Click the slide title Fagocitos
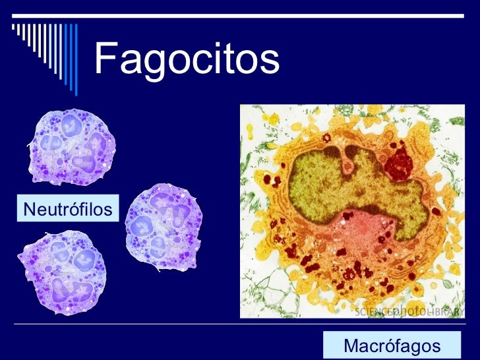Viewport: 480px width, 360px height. click(x=187, y=60)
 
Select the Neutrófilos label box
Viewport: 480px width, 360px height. click(x=67, y=210)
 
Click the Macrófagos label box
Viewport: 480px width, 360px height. click(x=392, y=345)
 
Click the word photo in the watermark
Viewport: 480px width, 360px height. click(x=407, y=311)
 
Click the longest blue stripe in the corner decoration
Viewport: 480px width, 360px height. click(x=76, y=59)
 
